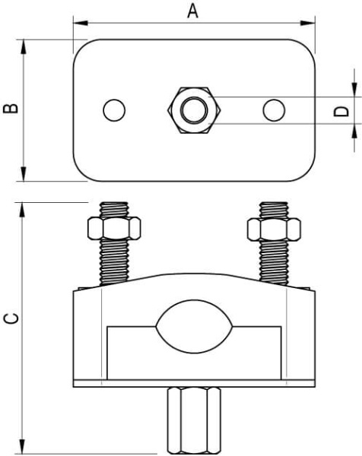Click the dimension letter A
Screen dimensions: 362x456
[x=192, y=11]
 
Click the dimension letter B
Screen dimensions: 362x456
[x=11, y=108]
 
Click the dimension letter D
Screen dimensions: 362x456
[x=341, y=111]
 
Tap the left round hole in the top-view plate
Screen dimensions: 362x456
[x=114, y=110]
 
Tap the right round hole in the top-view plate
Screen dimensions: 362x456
[x=274, y=110]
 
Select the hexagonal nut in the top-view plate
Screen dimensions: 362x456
[x=194, y=110]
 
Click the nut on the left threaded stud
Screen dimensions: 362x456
[x=114, y=228]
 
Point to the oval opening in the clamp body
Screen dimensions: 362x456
[x=194, y=327]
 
